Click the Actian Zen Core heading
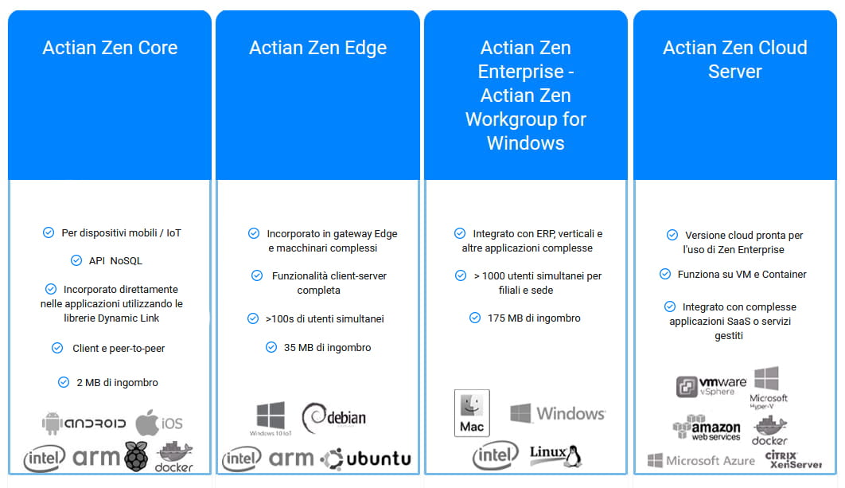click(110, 48)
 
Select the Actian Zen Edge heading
click(318, 48)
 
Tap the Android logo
click(84, 424)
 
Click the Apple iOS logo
click(159, 423)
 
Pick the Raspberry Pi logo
click(136, 456)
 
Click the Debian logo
click(334, 418)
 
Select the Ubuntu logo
click(366, 459)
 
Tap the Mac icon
click(472, 413)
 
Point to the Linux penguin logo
click(555, 455)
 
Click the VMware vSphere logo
click(711, 386)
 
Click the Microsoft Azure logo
click(701, 460)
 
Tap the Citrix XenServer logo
click(794, 459)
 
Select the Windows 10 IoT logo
click(271, 419)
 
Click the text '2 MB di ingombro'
click(118, 382)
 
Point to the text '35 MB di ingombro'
click(328, 347)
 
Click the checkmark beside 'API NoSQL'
click(76, 260)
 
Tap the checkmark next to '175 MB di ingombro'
click(475, 318)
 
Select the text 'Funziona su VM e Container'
click(742, 274)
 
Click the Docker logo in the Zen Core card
click(173, 457)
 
